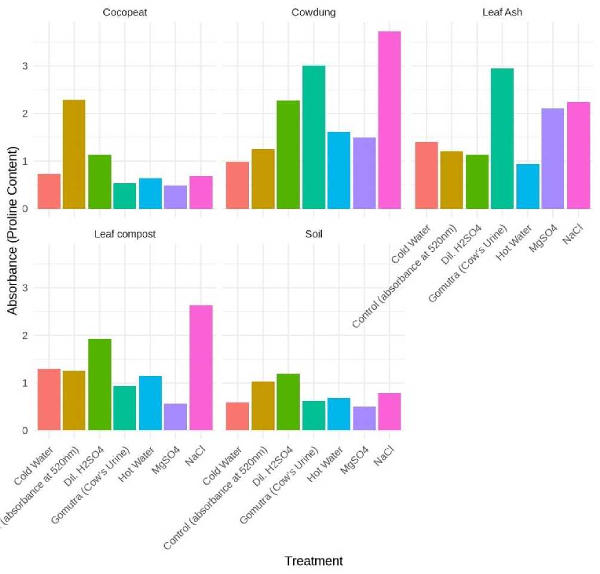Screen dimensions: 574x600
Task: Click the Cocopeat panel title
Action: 125,12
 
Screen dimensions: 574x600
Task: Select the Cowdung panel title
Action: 313,12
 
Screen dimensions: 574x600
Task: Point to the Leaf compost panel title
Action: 125,234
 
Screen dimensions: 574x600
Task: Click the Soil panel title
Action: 313,234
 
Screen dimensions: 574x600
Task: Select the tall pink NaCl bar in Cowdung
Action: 389,119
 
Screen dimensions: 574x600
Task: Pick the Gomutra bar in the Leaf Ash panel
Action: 501,138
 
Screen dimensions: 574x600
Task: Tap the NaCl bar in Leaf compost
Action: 201,368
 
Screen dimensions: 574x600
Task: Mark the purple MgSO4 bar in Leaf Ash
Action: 552,158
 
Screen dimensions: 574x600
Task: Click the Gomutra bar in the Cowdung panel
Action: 313,137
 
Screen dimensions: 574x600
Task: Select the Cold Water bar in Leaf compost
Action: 49,399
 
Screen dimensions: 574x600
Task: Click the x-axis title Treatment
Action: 313,561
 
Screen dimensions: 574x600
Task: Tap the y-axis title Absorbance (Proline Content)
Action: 12,230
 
